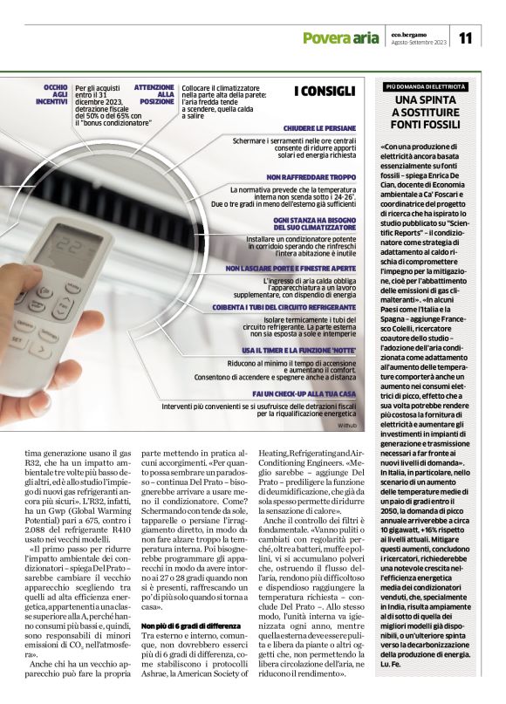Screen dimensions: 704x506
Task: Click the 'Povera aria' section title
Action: tap(340, 38)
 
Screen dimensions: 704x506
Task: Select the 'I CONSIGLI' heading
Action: tap(324, 91)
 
